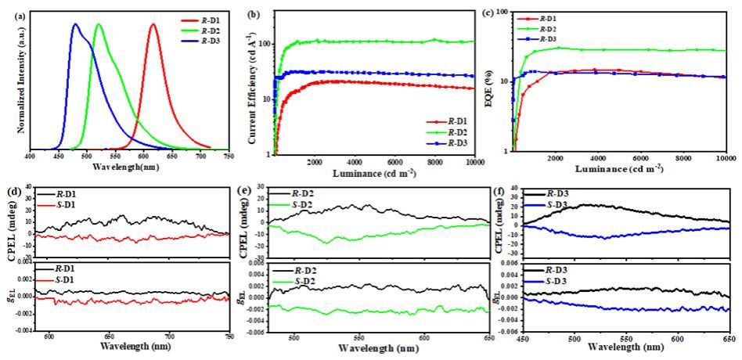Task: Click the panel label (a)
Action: pyautogui.click(x=10, y=13)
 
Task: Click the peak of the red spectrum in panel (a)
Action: pyautogui.click(x=153, y=24)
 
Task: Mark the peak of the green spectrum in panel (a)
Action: pyautogui.click(x=98, y=24)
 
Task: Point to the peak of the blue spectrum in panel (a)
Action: pyautogui.click(x=75, y=24)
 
